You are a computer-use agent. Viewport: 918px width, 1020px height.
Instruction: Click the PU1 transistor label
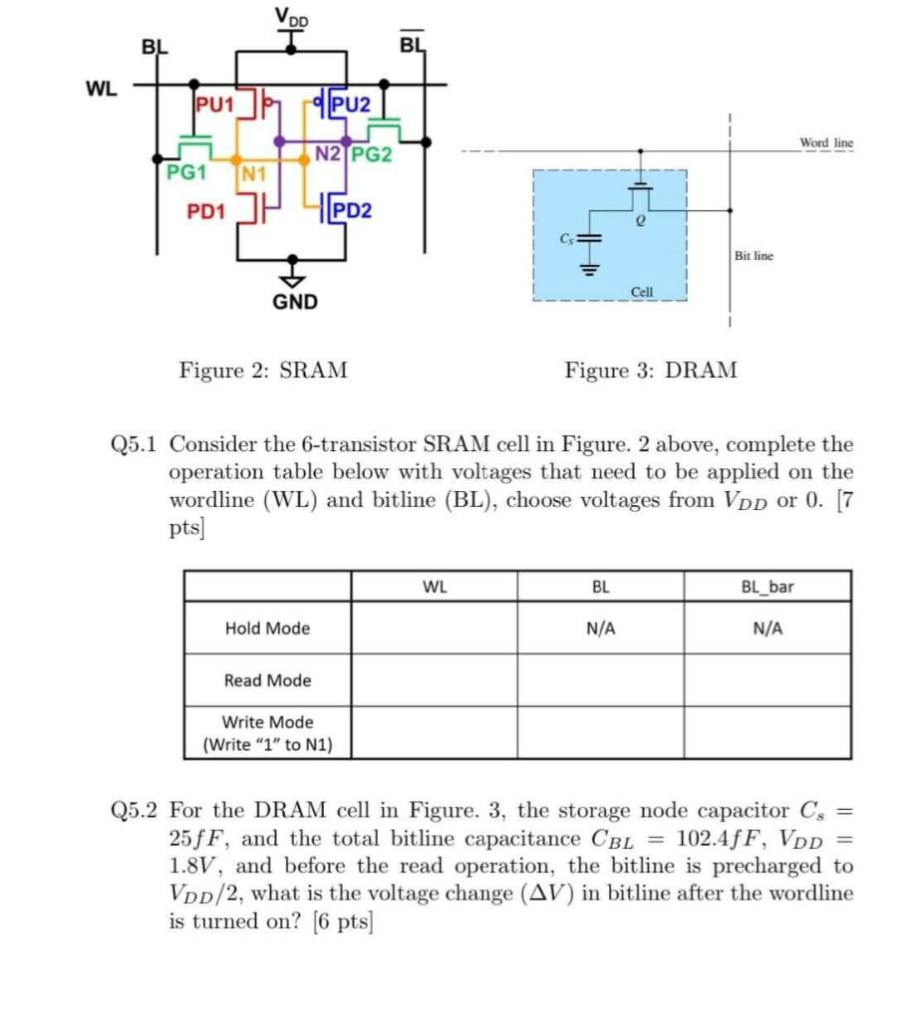[213, 104]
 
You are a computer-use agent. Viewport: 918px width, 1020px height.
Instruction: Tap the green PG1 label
[186, 171]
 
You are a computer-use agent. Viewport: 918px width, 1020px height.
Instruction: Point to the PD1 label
[206, 211]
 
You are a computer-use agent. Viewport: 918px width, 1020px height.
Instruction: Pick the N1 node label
[255, 176]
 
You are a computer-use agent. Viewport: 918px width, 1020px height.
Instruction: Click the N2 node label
[329, 153]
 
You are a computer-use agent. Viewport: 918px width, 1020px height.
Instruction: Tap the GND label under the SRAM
[295, 301]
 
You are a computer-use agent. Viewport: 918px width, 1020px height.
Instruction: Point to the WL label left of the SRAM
[101, 89]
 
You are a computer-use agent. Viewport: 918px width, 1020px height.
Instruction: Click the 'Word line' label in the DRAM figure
[826, 143]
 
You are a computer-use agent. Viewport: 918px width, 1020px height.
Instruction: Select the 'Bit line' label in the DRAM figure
[753, 256]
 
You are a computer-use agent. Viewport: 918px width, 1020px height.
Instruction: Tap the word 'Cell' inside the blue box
[643, 291]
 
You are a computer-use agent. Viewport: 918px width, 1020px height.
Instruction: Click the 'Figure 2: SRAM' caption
[263, 372]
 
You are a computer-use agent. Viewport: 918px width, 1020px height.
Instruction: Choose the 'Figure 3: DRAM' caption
[651, 372]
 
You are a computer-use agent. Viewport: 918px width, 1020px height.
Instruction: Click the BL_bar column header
[766, 587]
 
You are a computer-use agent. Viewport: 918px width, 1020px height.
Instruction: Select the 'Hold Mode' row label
[267, 629]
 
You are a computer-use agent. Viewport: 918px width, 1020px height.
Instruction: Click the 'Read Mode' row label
[267, 680]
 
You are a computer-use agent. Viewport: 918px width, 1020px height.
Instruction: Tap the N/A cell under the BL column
[600, 629]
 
